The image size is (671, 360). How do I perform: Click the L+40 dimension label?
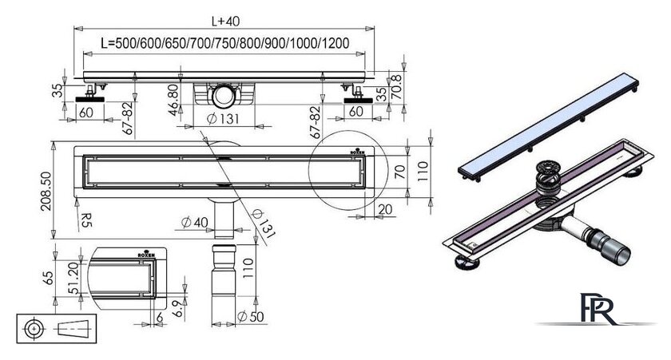click(x=225, y=21)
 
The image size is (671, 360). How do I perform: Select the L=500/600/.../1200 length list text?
click(x=225, y=43)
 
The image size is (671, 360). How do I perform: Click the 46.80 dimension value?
click(x=173, y=100)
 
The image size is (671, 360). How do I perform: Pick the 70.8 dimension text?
click(x=397, y=87)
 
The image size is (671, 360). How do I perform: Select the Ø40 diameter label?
click(x=195, y=223)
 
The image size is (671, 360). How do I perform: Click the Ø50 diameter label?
click(x=251, y=317)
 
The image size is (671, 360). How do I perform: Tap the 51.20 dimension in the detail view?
click(x=73, y=279)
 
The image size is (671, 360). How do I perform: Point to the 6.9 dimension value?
click(x=179, y=308)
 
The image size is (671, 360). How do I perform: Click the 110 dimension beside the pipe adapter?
click(x=248, y=268)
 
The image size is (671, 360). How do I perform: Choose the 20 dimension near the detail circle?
click(x=385, y=209)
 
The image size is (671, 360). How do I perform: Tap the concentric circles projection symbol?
click(x=34, y=329)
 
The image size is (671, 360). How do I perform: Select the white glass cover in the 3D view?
click(x=548, y=128)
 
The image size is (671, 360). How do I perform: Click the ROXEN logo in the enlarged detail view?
click(x=146, y=254)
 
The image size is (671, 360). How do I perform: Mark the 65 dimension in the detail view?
click(x=49, y=278)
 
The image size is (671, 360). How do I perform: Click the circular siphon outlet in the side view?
click(x=224, y=95)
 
